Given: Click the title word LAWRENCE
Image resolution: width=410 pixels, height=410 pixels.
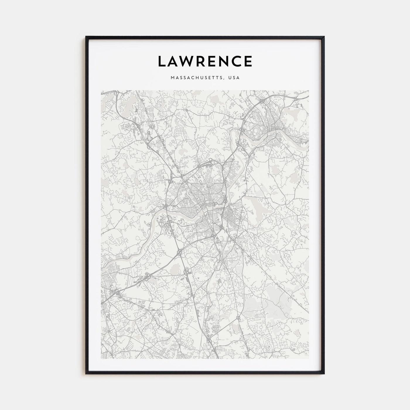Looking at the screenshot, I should tap(205, 61).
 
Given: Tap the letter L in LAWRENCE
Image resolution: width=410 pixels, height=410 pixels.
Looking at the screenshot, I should tap(162, 61).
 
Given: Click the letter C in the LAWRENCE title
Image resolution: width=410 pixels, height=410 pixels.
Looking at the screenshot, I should tap(236, 61).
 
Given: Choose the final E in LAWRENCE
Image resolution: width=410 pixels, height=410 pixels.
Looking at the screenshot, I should tap(248, 61).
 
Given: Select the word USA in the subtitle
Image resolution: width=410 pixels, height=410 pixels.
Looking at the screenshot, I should tap(235, 78).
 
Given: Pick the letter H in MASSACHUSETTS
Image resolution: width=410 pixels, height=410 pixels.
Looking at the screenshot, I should tap(199, 78).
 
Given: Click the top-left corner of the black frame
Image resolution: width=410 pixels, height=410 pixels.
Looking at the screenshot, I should tap(86, 37).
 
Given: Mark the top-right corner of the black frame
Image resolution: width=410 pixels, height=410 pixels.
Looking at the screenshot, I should tap(324, 37).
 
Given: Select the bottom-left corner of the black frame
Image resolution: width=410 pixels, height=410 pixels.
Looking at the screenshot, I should tap(86, 373).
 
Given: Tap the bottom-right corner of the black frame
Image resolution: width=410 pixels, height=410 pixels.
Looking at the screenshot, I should tap(324, 373).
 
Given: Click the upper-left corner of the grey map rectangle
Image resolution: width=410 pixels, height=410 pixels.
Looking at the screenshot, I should tap(101, 90).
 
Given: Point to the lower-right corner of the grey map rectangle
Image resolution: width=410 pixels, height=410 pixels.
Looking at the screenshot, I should tap(309, 358).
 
